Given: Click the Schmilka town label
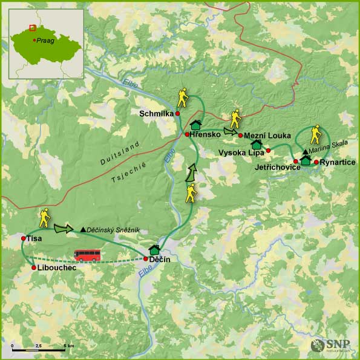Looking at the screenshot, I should click(x=155, y=113).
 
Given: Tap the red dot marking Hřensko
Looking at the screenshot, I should click(x=188, y=135).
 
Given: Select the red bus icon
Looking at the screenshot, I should click(x=87, y=255).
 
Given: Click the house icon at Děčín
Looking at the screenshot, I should click(x=154, y=249).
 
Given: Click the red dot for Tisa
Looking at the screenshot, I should click(x=23, y=238).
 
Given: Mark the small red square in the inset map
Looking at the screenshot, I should click(x=32, y=27).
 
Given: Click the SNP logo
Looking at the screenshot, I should click(x=330, y=345).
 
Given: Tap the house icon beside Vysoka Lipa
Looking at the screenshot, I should click(x=257, y=145).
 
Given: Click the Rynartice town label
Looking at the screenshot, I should click(x=338, y=162).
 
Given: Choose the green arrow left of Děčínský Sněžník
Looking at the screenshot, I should click(x=62, y=228).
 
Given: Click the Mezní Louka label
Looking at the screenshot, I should click(x=267, y=135).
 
